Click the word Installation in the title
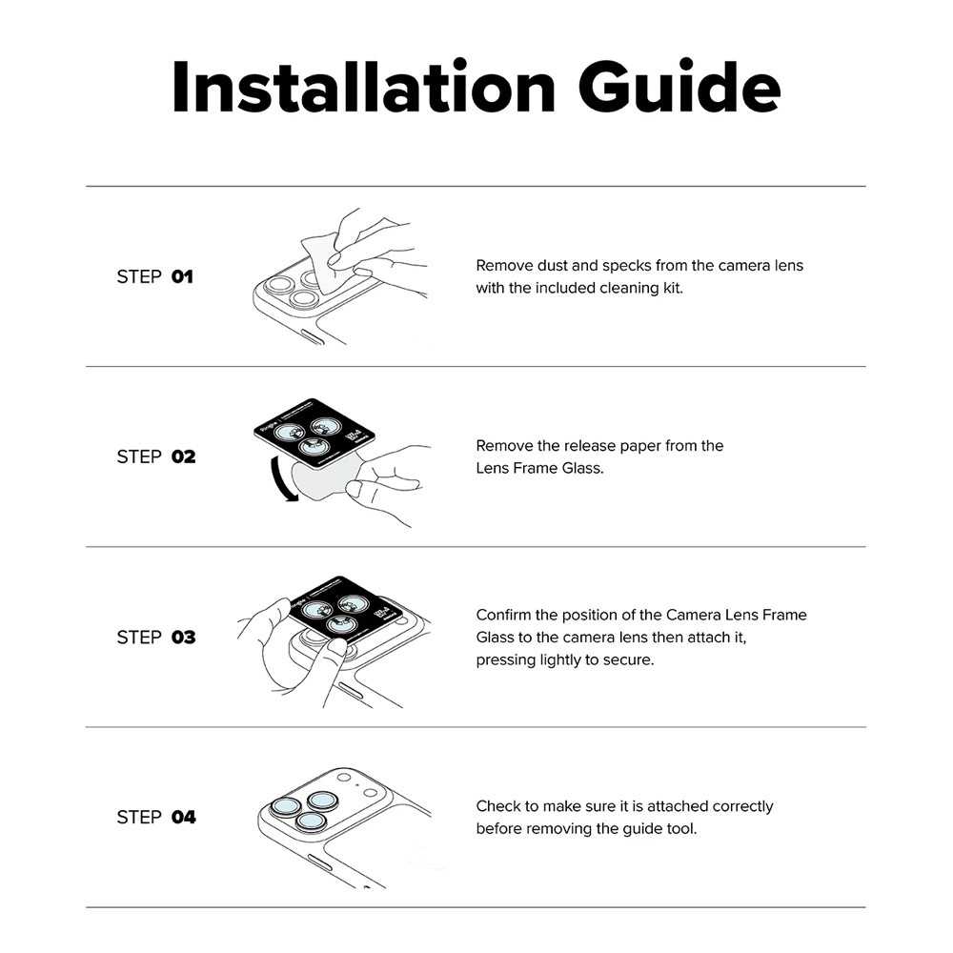coord(363,87)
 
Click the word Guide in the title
coord(679,87)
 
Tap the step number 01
coord(182,277)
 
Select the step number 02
coord(184,457)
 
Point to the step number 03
coord(184,638)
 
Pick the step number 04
coord(184,818)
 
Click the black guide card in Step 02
coord(314,434)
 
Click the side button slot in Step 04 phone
coord(319,862)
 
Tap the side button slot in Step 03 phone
coord(351,690)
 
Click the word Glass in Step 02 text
coord(582,469)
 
